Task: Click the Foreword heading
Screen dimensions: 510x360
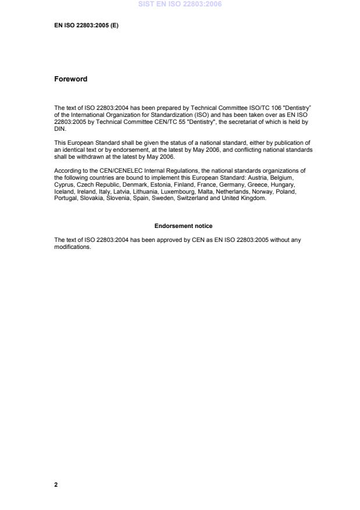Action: pyautogui.click(x=70, y=79)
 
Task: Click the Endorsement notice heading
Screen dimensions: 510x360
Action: pyautogui.click(x=183, y=226)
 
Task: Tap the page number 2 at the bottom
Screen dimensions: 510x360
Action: pyautogui.click(x=56, y=484)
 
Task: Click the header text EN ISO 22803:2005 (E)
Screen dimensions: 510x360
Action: pyautogui.click(x=86, y=26)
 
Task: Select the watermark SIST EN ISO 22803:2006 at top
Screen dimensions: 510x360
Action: pyautogui.click(x=180, y=5)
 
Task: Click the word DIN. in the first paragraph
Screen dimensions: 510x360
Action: pyautogui.click(x=60, y=130)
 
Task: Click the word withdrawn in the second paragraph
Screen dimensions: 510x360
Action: pyautogui.click(x=87, y=157)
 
